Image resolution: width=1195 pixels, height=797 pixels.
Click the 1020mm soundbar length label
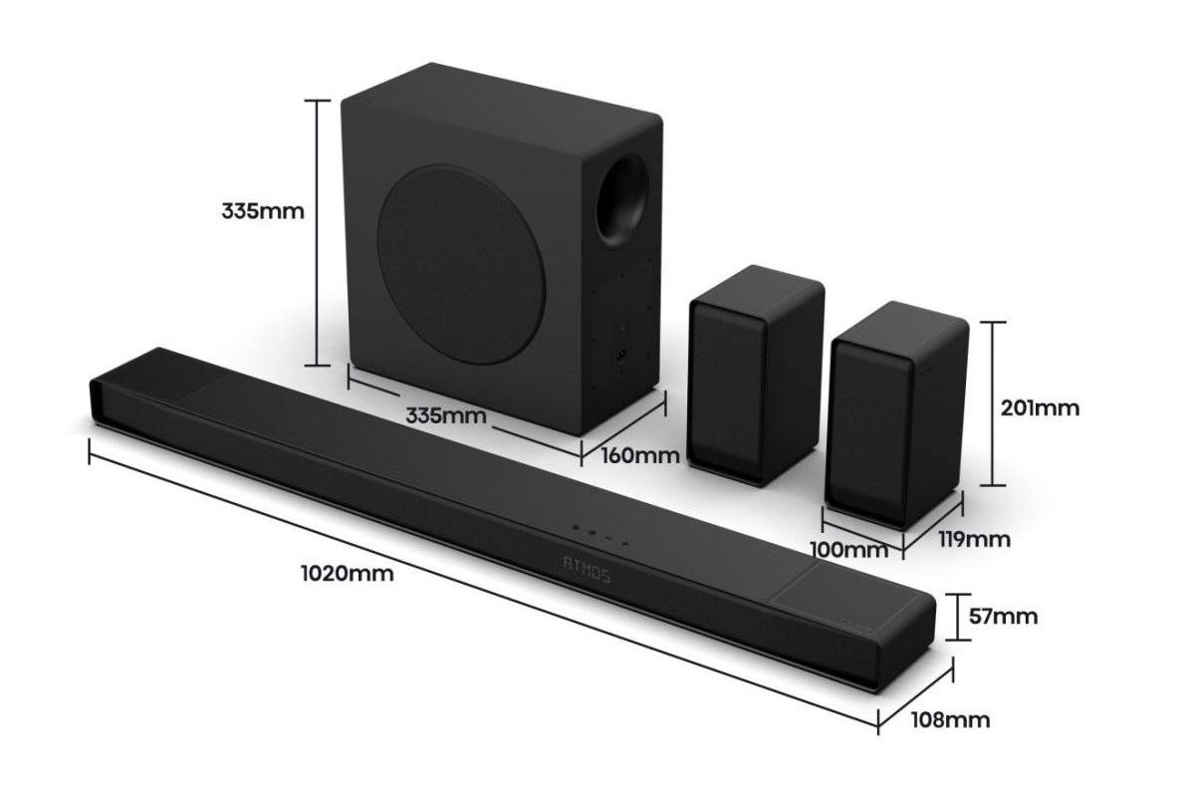(348, 574)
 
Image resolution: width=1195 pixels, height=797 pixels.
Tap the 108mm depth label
(950, 720)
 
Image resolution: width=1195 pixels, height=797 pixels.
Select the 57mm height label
(1003, 617)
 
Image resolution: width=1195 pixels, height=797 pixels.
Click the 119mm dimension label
(974, 540)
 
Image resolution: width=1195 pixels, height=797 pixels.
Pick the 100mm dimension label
(849, 550)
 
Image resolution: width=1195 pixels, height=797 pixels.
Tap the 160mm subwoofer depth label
(640, 455)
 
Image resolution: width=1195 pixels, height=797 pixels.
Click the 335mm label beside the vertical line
(263, 211)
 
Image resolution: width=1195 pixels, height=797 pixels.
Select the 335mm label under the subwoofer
(446, 415)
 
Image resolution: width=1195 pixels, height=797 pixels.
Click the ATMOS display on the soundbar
(587, 569)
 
